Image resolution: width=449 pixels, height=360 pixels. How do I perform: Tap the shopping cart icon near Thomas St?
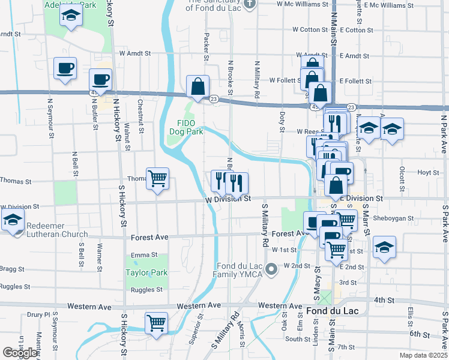pos(157,178)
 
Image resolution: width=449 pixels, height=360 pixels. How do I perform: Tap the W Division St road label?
pos(228,199)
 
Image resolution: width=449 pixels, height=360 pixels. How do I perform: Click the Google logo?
pos(20,353)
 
